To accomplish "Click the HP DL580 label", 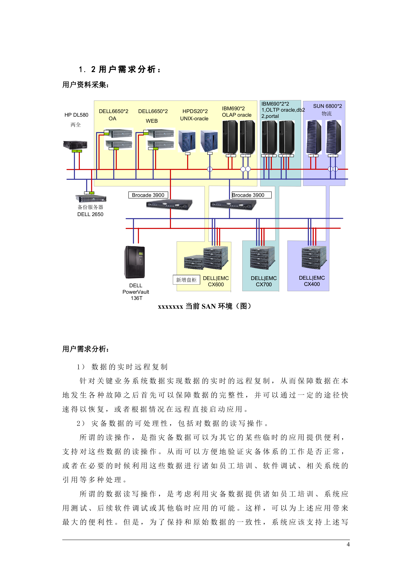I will tap(76, 115).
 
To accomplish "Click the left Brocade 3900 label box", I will tap(148, 195).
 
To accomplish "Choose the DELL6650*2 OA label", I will tap(113, 115).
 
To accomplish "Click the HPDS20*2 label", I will tap(195, 111).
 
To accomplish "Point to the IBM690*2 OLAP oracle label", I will tap(236, 112).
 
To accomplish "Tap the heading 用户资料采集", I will tap(85, 85).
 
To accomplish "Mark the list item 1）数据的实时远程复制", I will tap(122, 367).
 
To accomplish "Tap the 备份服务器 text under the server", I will tap(90, 207).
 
